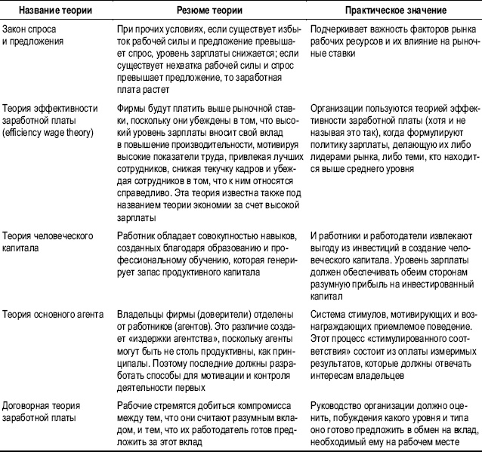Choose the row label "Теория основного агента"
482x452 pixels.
51,312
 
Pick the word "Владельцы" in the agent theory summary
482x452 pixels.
142,312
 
